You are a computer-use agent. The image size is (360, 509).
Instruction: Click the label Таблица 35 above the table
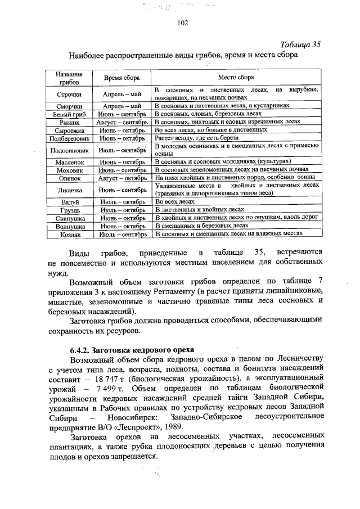pos(299,45)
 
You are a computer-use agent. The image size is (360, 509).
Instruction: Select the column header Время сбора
pos(120,78)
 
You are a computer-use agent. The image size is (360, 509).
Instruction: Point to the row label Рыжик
pos(70,121)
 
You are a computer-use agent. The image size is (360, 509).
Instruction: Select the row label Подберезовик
pos(70,137)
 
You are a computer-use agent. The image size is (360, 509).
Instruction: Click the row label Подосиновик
pos(70,149)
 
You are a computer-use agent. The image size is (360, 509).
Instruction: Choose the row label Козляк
pos(70,233)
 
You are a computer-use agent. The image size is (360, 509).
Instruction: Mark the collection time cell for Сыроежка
pos(121,129)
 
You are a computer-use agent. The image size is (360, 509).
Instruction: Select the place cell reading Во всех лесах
pos(175,201)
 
